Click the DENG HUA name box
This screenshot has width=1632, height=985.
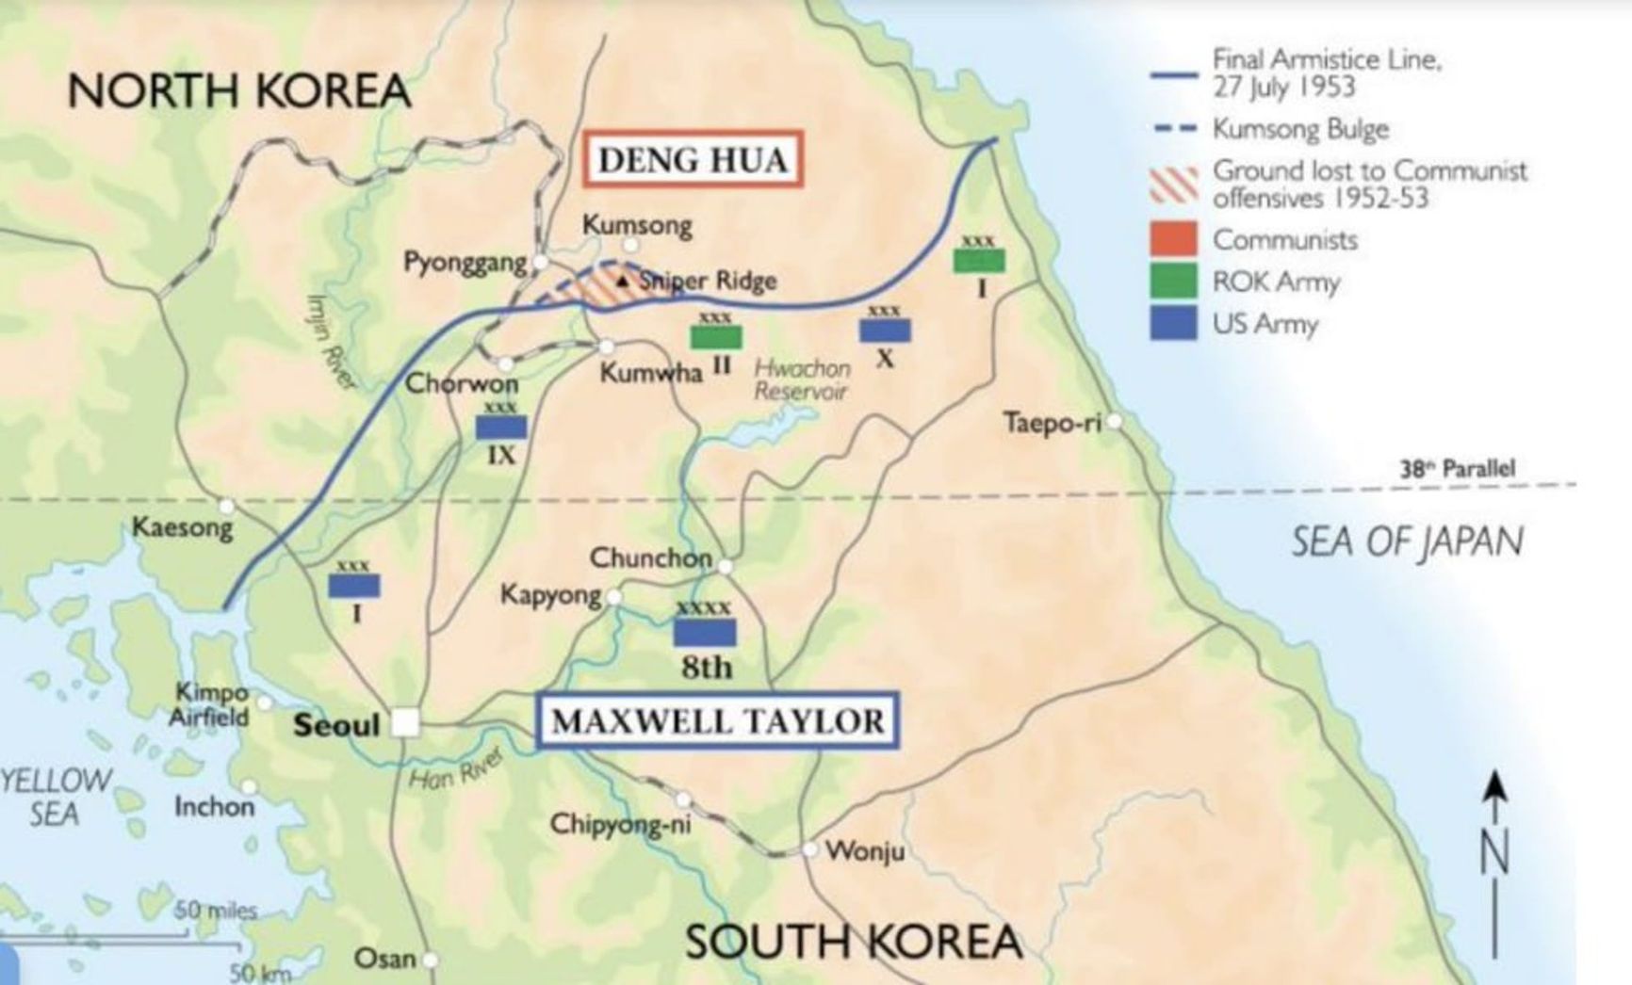693,159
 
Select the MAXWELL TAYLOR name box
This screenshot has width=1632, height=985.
717,721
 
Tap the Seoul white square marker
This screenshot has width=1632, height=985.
405,723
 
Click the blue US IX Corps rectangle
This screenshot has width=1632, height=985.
500,428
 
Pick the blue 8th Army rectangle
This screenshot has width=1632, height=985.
704,632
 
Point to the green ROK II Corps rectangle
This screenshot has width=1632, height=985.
716,336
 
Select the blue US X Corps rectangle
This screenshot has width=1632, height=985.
885,331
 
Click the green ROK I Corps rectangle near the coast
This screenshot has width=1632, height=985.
978,260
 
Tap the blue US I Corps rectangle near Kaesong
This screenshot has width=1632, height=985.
353,586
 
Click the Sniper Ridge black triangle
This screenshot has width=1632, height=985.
622,281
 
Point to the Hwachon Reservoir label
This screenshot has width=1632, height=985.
802,379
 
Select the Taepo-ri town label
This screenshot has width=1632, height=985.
1052,422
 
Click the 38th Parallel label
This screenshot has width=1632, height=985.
1457,468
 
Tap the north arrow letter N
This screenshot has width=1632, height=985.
1494,853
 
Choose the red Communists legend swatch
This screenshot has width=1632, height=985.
1173,239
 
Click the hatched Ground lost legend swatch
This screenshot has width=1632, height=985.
1173,185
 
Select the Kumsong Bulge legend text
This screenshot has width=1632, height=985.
1300,129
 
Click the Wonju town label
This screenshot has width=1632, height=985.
865,851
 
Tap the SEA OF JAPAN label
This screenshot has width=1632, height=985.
1406,541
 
